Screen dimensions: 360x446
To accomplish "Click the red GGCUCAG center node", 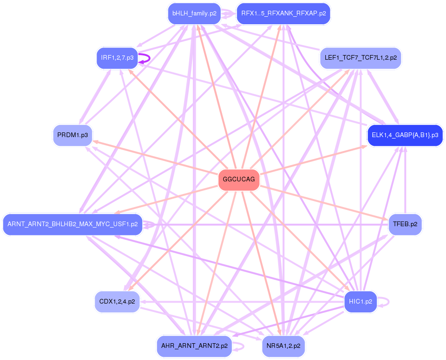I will tap(239, 180).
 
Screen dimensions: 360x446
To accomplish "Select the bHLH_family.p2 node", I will tap(194, 14).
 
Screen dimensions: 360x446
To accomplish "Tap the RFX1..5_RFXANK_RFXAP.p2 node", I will tap(283, 14).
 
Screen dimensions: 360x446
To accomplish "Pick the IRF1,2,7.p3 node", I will tap(117, 58).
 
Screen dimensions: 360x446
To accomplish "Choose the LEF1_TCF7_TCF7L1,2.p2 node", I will tap(360, 58).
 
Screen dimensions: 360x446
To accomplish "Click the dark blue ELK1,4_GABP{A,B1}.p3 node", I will tap(405, 135).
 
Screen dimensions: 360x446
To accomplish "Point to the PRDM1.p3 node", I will tap(73, 135).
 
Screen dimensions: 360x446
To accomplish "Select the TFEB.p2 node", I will tap(405, 224).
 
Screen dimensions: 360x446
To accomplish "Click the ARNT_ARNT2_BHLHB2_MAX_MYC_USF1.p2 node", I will tap(73, 224).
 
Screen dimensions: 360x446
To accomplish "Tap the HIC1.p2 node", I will tap(360, 301).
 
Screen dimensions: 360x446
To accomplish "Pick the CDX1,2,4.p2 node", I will tap(117, 301).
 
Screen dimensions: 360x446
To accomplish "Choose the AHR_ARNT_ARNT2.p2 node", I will tap(194, 346).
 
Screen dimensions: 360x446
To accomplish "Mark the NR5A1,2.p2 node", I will tap(283, 346).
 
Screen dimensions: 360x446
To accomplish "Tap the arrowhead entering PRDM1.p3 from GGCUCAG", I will tap(95, 141).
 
